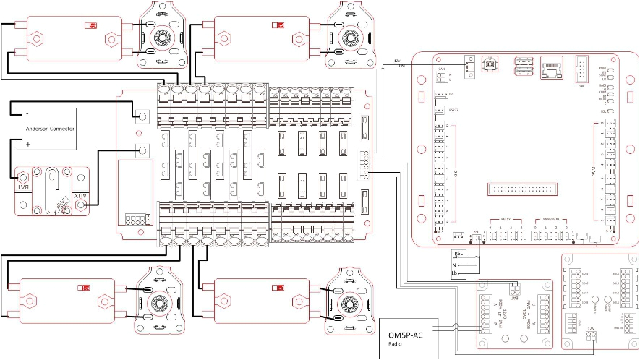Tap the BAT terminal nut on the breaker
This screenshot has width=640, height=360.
pyautogui.click(x=24, y=176)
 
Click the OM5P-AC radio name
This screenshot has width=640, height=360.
pyautogui.click(x=406, y=335)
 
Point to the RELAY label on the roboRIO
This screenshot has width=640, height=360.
pyautogui.click(x=505, y=220)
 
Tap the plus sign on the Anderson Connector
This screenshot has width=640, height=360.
pyautogui.click(x=27, y=144)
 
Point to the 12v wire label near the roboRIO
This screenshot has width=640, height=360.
pyautogui.click(x=396, y=60)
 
